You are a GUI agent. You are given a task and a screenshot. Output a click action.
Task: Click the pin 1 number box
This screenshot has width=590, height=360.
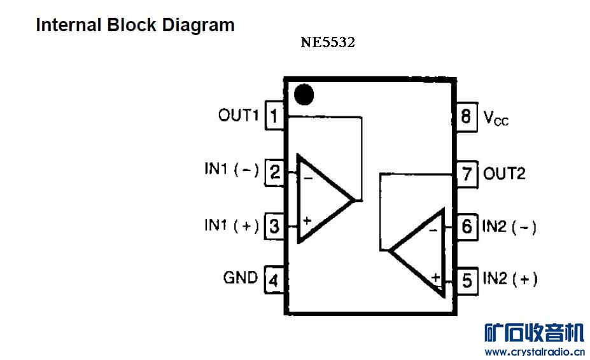click(274, 116)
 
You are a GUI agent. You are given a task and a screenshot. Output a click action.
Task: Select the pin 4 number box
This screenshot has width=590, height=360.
click(274, 279)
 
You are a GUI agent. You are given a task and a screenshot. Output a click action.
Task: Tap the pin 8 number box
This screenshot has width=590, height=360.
click(467, 117)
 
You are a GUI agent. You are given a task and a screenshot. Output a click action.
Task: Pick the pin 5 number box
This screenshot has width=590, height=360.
click(467, 280)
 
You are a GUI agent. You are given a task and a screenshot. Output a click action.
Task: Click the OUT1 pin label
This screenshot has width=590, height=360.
click(238, 115)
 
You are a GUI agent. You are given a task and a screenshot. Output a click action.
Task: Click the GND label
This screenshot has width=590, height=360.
click(241, 277)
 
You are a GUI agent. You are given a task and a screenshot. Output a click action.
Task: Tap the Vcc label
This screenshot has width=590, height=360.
click(496, 118)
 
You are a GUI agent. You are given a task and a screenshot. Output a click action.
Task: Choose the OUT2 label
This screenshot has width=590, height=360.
click(504, 173)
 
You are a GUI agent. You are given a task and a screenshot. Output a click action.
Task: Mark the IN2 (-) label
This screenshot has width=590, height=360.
click(509, 226)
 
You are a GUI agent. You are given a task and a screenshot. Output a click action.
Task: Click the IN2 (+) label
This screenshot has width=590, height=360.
click(510, 279)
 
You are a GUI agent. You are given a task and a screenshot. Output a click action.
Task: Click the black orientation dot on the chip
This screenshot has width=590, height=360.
click(304, 94)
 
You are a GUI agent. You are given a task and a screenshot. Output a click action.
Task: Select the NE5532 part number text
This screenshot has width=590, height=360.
click(328, 43)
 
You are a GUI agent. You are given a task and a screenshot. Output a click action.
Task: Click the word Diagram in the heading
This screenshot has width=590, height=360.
click(198, 25)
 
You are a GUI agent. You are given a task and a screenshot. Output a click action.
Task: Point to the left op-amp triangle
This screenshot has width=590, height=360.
click(321, 198)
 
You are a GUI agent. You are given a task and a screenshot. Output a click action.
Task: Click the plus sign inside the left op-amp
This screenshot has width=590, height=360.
click(307, 221)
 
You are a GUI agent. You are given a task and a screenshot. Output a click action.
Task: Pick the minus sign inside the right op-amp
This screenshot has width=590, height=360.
click(433, 229)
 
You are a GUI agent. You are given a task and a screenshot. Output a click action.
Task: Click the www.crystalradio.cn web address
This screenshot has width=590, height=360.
click(534, 351)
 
